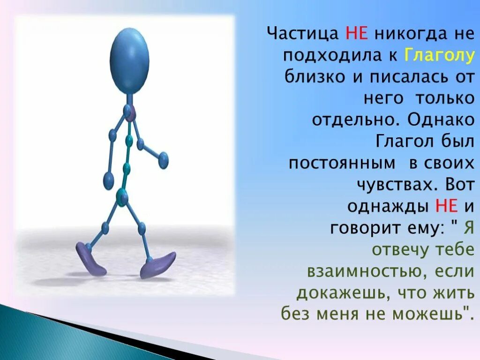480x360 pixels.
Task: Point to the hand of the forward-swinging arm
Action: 163,160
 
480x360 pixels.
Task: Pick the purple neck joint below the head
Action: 130,112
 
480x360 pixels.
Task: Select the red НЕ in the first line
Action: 356,34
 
